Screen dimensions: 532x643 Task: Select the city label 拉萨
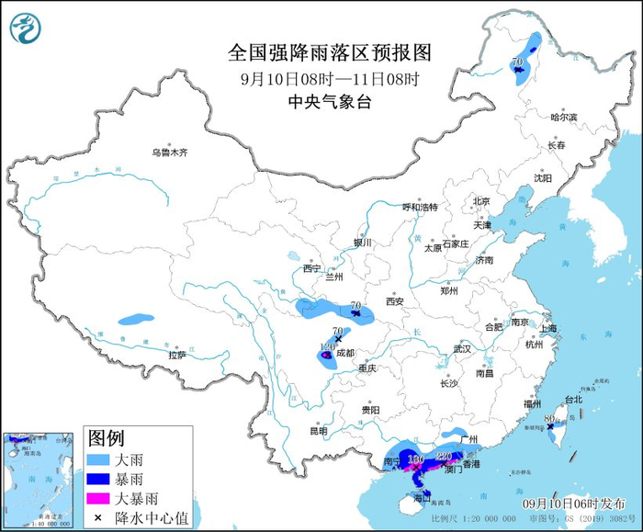177,355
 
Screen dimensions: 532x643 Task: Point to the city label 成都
345,351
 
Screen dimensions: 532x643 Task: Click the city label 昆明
318,430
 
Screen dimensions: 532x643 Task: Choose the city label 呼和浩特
422,207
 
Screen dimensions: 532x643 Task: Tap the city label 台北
573,400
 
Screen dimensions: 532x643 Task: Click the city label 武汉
461,349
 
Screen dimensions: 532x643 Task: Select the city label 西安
395,300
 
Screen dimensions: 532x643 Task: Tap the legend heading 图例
105,435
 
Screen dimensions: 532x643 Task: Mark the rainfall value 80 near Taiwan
548,419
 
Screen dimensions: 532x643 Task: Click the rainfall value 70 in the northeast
517,62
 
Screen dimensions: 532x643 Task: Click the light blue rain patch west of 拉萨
135,321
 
